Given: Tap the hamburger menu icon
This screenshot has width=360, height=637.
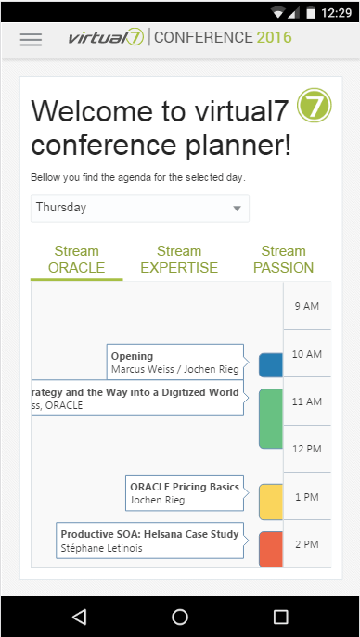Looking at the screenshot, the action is [x=31, y=39].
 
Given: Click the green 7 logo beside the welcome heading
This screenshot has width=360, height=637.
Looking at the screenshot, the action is [x=315, y=105].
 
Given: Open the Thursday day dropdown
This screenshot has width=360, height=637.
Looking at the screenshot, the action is [x=140, y=208].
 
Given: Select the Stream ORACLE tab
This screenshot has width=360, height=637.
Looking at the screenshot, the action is [x=76, y=260].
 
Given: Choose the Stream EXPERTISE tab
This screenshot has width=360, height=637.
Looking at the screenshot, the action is [x=179, y=260].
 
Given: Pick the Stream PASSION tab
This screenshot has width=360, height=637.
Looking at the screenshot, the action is [x=283, y=260].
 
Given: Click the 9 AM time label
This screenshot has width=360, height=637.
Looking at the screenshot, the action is [x=307, y=306].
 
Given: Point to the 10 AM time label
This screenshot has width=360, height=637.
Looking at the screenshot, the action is [x=307, y=354].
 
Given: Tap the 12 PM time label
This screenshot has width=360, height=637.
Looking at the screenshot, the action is [x=307, y=449].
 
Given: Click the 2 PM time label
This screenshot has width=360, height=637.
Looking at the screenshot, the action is [x=307, y=544].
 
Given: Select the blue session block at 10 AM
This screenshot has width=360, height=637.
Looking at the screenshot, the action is [x=271, y=365].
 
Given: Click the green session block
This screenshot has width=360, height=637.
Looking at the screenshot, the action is [x=271, y=419].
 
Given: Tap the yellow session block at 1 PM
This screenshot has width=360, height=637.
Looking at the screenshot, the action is [x=271, y=502].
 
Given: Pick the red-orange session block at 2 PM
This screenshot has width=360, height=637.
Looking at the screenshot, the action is [x=271, y=549].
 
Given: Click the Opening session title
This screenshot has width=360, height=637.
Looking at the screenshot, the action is [x=132, y=356].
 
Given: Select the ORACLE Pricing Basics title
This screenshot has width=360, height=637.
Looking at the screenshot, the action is [x=185, y=487].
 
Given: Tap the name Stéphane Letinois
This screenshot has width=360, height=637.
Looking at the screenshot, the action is [x=101, y=548].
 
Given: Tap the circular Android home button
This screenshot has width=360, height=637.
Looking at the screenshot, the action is [x=180, y=617].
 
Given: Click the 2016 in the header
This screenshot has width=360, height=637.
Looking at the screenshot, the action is [x=275, y=37].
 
